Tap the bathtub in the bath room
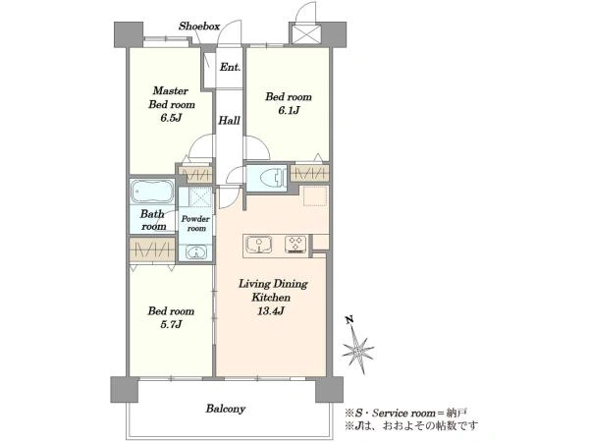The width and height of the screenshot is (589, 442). coord(152,191)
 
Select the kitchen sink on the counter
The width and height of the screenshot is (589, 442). coord(259,245)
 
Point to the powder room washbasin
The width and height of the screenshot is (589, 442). coord(195,252)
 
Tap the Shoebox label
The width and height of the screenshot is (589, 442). coord(199,27)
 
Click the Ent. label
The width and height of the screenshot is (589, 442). coord(230,67)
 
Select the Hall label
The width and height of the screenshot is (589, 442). coord(229,121)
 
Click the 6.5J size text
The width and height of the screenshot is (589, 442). coord(171,118)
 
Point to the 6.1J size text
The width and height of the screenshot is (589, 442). coord(289,110)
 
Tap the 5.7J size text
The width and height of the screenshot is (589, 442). coord(171,324)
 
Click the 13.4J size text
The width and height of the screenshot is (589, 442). coord(271,311)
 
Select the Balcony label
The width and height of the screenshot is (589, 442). coord(226,409)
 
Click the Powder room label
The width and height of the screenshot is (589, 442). coord(195,223)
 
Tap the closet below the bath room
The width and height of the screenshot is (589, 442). coord(152,249)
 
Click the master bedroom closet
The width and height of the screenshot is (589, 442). coord(195,175)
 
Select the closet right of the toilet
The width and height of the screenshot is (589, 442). coord(309,173)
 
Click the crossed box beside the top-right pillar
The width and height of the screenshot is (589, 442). coord(305,33)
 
